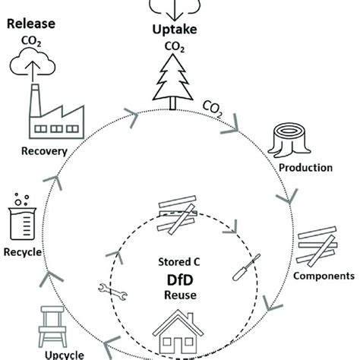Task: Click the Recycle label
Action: pyautogui.click(x=24, y=251)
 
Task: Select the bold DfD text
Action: pyautogui.click(x=180, y=279)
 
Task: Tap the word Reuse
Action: pyautogui.click(x=180, y=295)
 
